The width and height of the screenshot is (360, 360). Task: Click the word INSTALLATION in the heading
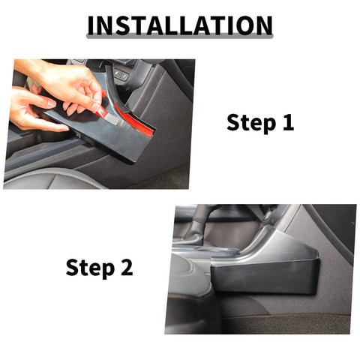tap(179, 24)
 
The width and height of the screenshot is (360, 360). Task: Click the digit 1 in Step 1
tap(287, 122)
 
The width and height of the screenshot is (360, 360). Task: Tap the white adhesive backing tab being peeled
tap(105, 112)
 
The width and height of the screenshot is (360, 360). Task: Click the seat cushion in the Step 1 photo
tap(45, 176)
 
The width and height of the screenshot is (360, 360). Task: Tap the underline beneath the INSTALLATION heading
tap(179, 38)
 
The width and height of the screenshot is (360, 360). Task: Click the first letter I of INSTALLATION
tap(91, 24)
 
